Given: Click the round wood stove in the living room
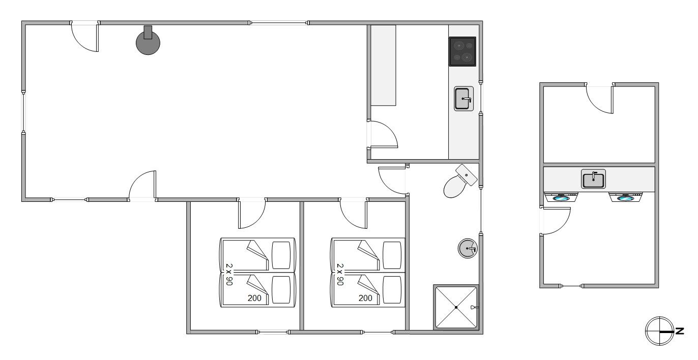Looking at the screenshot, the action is (x=148, y=43).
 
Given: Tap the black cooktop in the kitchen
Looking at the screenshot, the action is (x=462, y=52).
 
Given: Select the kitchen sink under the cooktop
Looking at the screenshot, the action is (x=463, y=99).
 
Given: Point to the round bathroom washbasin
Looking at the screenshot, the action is (x=468, y=249).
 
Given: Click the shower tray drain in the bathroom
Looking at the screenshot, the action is (x=456, y=307).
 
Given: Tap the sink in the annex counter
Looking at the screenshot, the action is (x=593, y=179).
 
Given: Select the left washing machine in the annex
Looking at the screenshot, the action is (x=561, y=197).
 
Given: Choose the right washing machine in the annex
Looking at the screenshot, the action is (x=625, y=197).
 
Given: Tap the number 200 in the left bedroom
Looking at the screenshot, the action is (x=254, y=298).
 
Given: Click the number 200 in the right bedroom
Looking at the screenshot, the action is (x=365, y=298).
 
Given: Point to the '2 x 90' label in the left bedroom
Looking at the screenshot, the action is (x=229, y=275).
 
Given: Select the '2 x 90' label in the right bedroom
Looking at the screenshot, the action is (x=340, y=275).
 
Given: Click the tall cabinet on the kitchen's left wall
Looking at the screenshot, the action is (x=383, y=66).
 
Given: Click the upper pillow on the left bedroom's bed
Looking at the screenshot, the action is (x=281, y=255).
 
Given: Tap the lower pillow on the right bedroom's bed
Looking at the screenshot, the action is (x=392, y=290).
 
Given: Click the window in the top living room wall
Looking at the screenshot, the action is (x=279, y=23).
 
